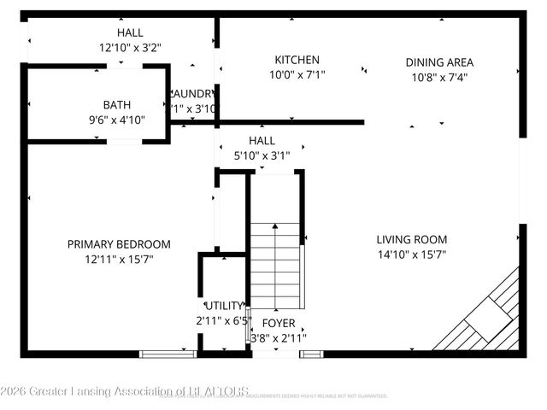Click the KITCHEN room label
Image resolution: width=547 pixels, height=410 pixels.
tap(297, 60)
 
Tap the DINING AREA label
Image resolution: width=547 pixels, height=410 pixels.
tap(438, 62)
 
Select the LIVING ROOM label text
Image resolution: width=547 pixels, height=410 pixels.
tap(412, 240)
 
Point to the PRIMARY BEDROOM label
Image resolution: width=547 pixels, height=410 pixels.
tap(119, 244)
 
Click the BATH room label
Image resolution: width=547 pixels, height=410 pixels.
tap(117, 105)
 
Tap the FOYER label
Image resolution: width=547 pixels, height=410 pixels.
tap(278, 323)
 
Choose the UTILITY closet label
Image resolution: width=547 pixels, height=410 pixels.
tap(224, 306)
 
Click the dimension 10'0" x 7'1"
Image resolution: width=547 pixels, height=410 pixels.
tap(297, 74)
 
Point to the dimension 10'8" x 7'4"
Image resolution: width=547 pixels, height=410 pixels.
tap(438, 77)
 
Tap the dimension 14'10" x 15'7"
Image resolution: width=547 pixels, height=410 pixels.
tap(412, 255)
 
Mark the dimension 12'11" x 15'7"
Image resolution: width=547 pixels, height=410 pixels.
tap(119, 259)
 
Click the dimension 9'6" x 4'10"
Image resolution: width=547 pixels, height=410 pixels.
tap(117, 120)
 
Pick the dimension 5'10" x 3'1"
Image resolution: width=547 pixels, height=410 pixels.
tap(262, 155)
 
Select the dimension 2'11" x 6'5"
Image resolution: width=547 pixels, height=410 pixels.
tap(224, 321)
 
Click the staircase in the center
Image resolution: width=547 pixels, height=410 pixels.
tap(276, 265)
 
